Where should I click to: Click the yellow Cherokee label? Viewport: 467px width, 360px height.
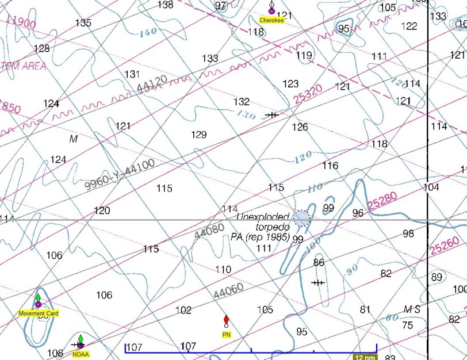click(272, 20)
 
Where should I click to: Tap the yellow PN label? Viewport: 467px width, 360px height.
click(226, 334)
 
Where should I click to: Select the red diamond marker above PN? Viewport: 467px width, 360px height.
click(226, 319)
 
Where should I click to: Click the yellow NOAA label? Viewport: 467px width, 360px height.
click(81, 354)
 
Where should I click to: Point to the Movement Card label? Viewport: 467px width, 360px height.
click(39, 313)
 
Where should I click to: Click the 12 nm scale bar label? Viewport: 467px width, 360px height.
click(365, 357)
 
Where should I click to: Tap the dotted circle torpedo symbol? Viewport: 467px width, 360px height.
click(301, 218)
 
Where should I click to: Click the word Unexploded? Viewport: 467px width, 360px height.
click(263, 217)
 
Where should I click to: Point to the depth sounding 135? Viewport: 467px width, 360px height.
click(83, 23)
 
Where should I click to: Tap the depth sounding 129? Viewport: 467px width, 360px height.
click(198, 135)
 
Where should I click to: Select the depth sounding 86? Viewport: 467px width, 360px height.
click(319, 263)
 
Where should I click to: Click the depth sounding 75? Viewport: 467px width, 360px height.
click(407, 325)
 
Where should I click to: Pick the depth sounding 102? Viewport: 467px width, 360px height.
click(183, 311)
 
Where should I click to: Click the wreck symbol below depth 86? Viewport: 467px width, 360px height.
click(317, 282)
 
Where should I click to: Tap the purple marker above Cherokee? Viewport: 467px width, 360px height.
click(271, 10)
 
